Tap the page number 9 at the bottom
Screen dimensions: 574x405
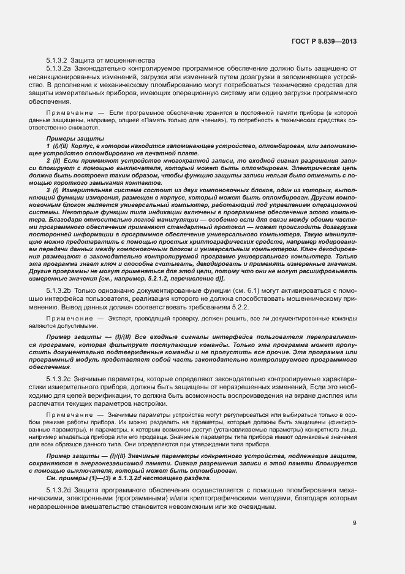click(355, 524)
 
